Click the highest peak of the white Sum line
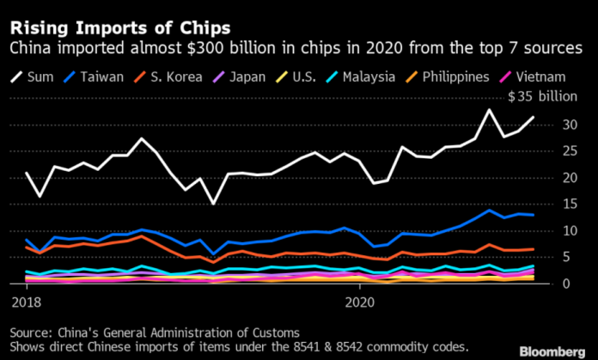pos(490,109)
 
